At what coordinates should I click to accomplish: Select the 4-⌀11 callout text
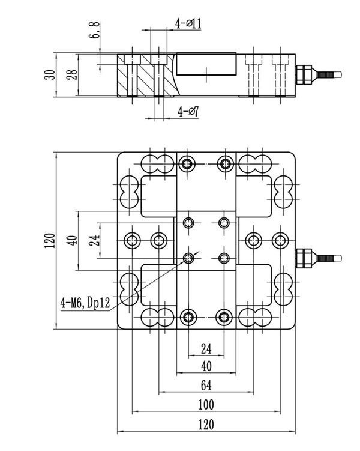coord(188,24)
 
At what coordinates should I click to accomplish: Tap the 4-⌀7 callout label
coord(188,112)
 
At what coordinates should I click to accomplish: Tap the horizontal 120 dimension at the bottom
coord(206,425)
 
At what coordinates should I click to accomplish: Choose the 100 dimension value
coord(206,404)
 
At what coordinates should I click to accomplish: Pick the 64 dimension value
coord(206,384)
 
